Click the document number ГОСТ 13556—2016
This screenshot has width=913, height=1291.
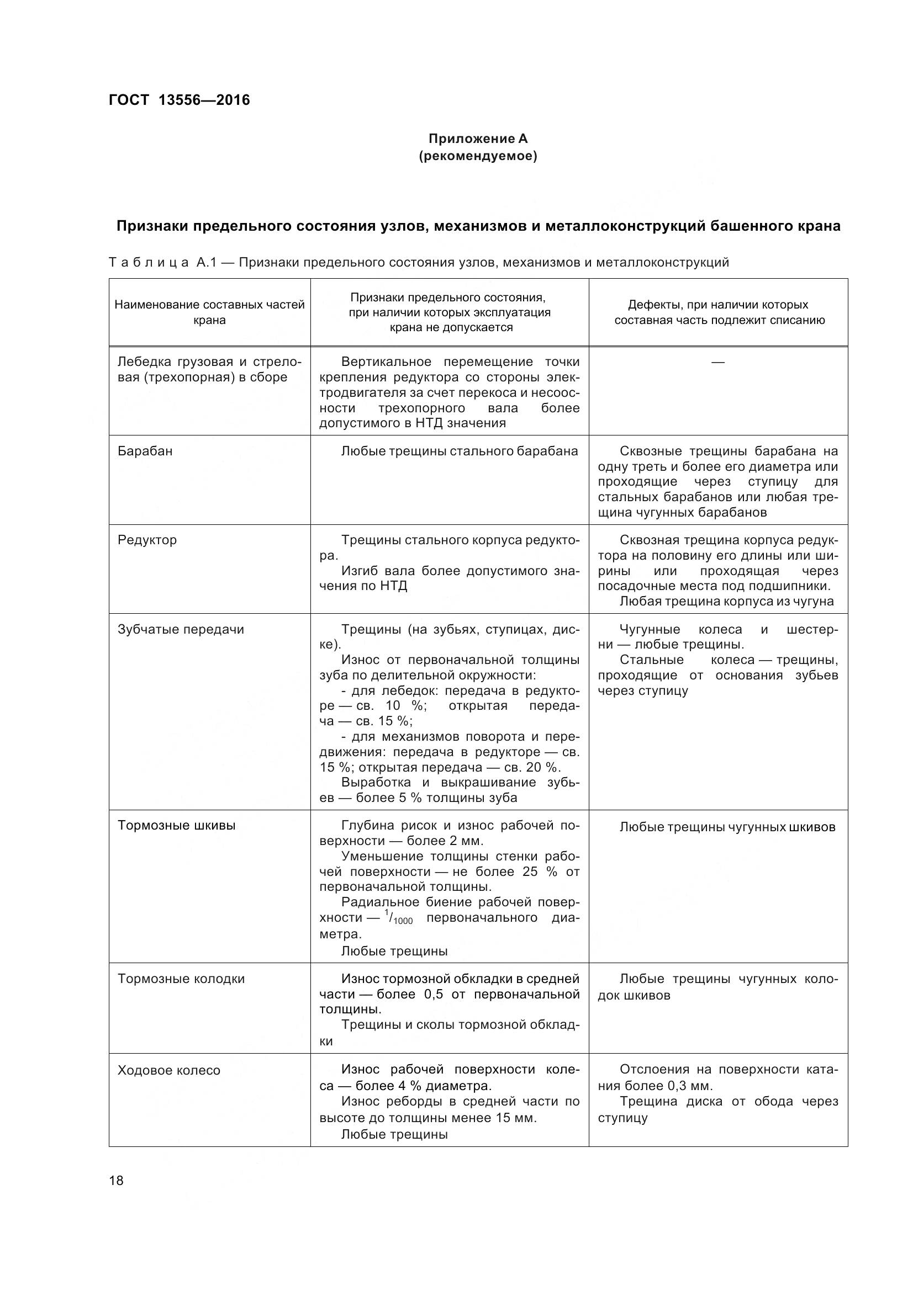click(180, 100)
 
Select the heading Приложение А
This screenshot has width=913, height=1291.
click(478, 139)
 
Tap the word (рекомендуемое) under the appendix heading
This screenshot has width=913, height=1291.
click(478, 156)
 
